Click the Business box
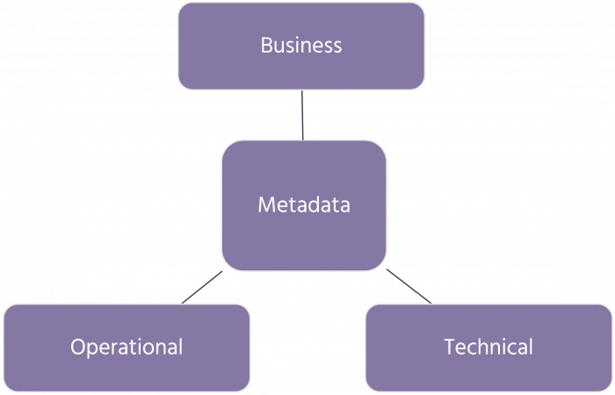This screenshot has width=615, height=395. click(x=301, y=46)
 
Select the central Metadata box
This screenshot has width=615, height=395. click(x=304, y=205)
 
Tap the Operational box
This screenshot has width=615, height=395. click(x=127, y=347)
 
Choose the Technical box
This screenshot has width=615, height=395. click(x=488, y=347)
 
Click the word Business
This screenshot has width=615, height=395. click(x=301, y=46)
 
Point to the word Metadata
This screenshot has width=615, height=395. click(x=304, y=205)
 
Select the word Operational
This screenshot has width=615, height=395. click(x=127, y=347)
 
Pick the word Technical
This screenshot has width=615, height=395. click(x=488, y=347)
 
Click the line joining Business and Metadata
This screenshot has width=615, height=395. click(x=302, y=114)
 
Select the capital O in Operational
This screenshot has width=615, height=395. click(x=78, y=347)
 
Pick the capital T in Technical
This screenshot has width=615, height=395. click(x=449, y=347)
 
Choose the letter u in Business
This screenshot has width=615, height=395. click(x=280, y=47)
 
